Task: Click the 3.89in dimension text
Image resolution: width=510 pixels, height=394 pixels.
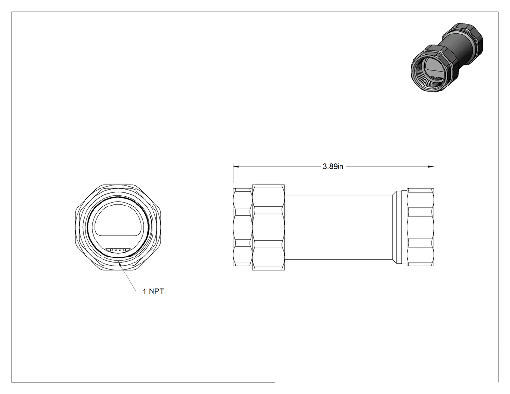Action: (333, 166)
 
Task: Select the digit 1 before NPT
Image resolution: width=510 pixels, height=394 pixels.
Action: (144, 291)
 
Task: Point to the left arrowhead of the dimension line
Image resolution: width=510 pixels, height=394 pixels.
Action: (236, 167)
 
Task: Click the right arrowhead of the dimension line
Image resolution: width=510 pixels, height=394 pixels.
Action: (431, 167)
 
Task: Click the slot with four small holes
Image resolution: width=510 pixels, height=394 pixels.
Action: (118, 250)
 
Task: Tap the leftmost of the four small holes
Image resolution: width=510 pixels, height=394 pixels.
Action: (112, 250)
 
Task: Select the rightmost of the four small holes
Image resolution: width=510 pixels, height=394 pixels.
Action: (124, 250)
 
